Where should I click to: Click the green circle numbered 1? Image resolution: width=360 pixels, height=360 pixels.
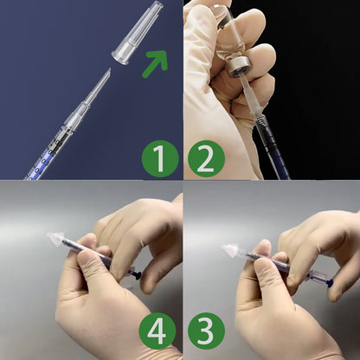[x=158, y=158]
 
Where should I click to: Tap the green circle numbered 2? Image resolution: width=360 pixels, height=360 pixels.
[x=205, y=158]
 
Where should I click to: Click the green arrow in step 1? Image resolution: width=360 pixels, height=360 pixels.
[x=156, y=62]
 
